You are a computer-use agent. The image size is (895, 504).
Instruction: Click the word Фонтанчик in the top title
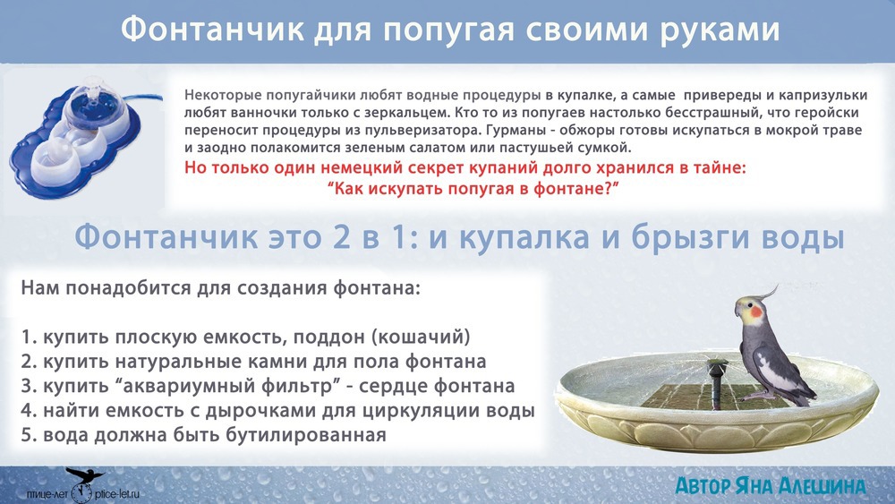212,30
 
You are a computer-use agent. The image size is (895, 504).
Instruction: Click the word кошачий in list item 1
421,337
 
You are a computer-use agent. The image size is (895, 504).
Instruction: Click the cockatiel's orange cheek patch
756,312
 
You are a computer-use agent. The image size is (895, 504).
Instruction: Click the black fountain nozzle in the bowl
716,382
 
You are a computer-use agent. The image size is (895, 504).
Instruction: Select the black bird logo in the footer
84,475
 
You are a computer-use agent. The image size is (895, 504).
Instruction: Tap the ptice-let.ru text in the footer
117,494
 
